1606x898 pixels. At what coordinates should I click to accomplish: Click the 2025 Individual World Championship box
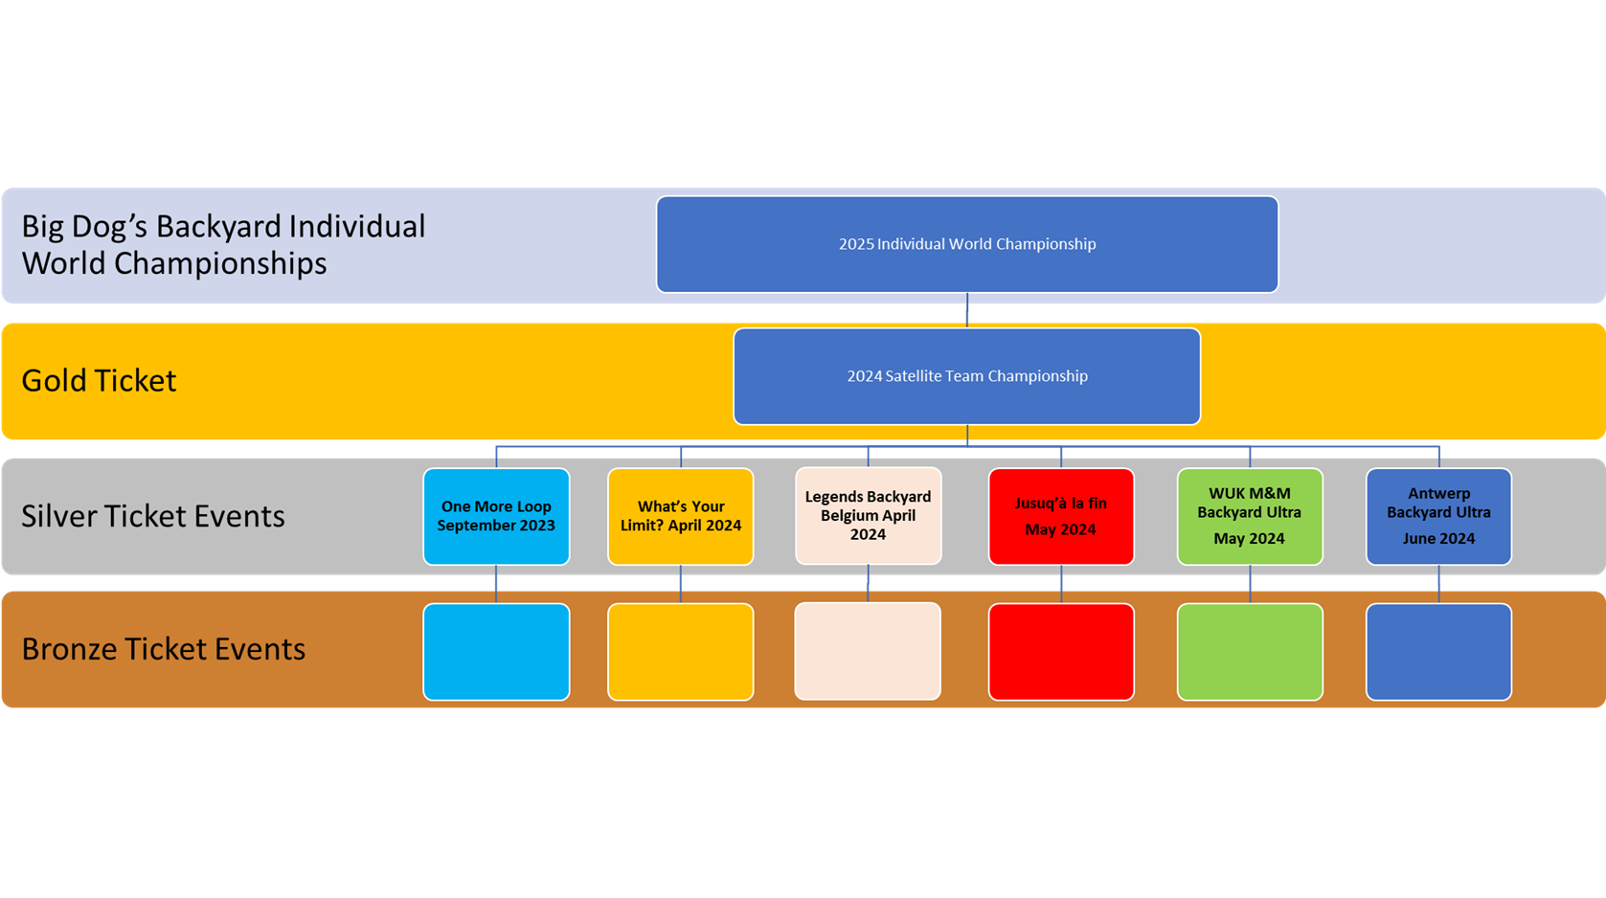[967, 244]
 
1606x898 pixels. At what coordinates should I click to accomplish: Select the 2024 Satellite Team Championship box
[967, 376]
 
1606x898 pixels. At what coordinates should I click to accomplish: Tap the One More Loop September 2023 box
[496, 516]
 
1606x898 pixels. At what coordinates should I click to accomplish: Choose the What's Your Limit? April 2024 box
[681, 516]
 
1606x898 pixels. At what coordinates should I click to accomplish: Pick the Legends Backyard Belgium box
[868, 516]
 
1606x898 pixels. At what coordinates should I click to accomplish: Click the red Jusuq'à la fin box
[1061, 516]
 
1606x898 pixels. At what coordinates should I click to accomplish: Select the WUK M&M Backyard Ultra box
[1250, 516]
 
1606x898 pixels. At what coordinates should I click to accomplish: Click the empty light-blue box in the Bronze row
[496, 652]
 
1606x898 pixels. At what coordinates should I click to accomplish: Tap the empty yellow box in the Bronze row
[681, 652]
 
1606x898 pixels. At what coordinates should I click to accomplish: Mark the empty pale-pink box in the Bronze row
[868, 651]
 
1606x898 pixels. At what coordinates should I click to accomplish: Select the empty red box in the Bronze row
[1061, 652]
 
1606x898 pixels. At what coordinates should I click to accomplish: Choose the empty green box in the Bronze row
[1250, 652]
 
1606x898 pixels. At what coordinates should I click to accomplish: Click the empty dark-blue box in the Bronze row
[1438, 652]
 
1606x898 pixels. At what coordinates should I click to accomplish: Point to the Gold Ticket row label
[99, 381]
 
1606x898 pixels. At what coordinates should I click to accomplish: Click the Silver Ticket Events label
[153, 516]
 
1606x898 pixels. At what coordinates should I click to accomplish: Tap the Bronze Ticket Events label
[163, 649]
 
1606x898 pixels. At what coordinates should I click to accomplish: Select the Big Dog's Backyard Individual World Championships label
[223, 244]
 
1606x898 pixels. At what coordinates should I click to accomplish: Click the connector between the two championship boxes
[967, 310]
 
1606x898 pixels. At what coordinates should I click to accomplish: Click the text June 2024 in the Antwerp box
[1438, 539]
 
